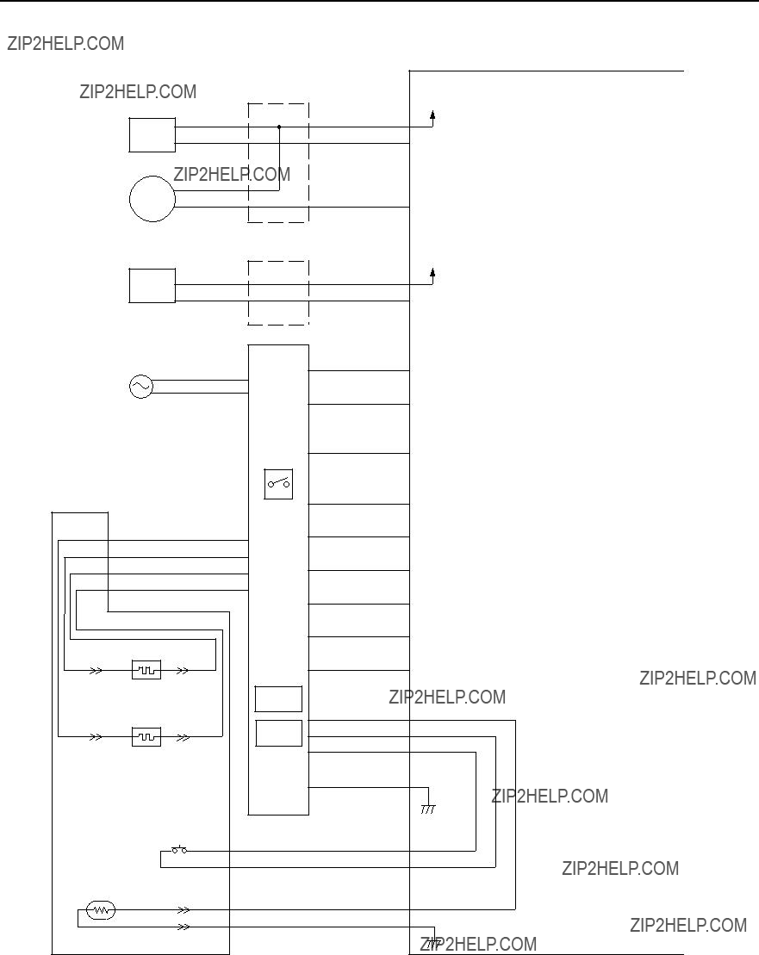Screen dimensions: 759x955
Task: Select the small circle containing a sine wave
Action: (140, 387)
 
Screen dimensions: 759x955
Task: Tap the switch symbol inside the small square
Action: (278, 484)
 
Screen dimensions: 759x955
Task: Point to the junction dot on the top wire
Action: (279, 127)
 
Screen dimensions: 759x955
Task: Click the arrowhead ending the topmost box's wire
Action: (432, 115)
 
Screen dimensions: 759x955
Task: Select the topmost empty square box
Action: (130, 135)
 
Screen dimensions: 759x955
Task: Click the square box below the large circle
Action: (130, 286)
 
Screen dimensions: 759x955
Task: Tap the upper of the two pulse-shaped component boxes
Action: (146, 670)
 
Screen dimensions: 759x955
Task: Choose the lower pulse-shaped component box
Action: (146, 737)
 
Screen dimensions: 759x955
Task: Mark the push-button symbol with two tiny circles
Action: (179, 850)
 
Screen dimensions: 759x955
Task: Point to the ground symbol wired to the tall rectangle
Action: (428, 809)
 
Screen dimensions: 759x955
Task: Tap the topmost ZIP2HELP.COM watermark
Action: (65, 44)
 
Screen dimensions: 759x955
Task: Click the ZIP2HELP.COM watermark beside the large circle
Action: (232, 174)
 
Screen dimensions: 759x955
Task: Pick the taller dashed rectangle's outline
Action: (248, 163)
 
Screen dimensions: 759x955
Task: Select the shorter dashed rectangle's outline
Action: (248, 293)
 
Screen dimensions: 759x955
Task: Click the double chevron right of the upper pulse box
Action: (183, 671)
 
